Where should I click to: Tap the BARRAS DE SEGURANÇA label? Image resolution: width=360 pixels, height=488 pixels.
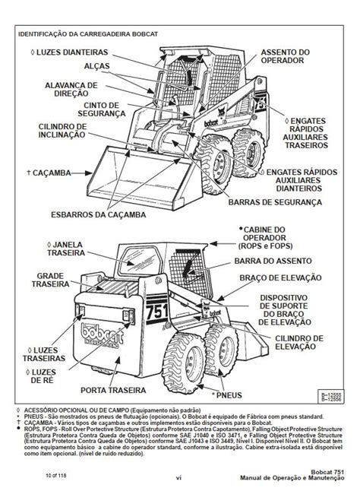(269, 202)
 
